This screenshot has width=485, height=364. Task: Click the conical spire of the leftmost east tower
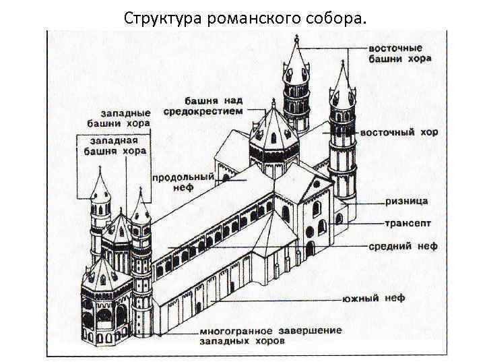click(295, 57)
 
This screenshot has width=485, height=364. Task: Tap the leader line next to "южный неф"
click(283, 297)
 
